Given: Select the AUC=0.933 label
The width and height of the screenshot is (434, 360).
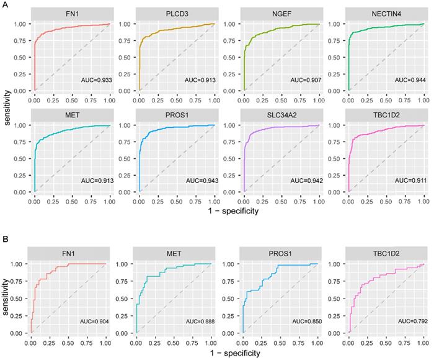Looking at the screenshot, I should point(93,81).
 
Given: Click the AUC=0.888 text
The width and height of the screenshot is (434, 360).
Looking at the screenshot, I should point(195,322).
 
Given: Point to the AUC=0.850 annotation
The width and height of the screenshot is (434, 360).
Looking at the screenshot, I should point(301,322).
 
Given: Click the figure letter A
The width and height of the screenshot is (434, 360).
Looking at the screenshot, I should point(5,5).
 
